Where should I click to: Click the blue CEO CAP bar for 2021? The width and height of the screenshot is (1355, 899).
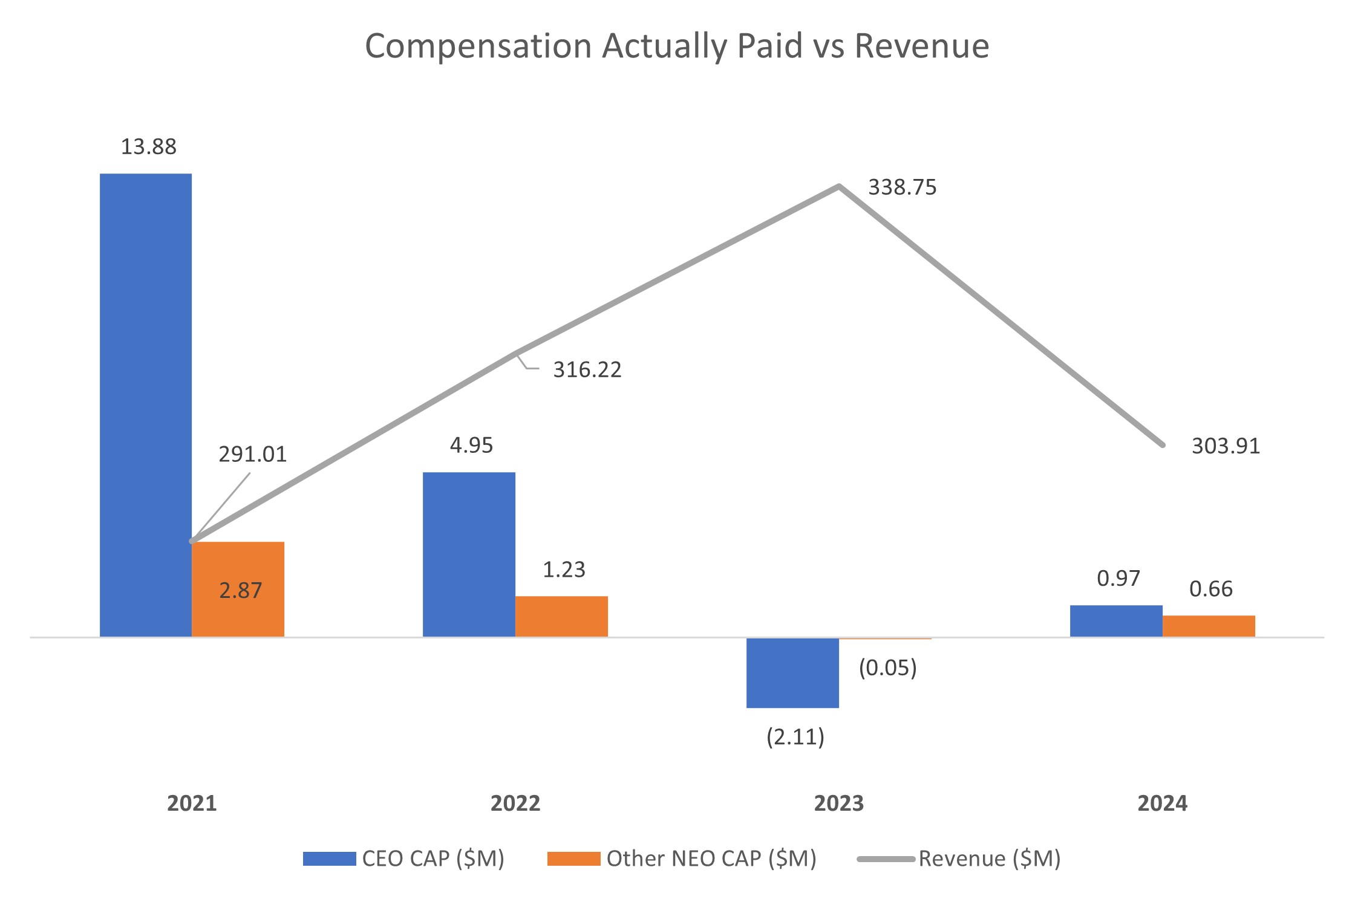pyautogui.click(x=146, y=405)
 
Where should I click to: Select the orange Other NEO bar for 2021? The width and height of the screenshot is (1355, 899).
pyautogui.click(x=238, y=589)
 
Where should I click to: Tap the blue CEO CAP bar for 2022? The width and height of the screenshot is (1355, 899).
pyautogui.click(x=469, y=554)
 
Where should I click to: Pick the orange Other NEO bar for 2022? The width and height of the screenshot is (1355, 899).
pyautogui.click(x=561, y=616)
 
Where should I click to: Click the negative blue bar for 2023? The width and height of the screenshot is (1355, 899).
pyautogui.click(x=792, y=672)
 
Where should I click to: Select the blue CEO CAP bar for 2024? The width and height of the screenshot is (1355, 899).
pyautogui.click(x=1116, y=621)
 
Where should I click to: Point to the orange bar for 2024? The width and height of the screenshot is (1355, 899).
pyautogui.click(x=1209, y=626)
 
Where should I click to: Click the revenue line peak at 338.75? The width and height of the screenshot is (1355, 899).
pyautogui.click(x=839, y=186)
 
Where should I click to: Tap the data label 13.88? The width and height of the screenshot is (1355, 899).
pyautogui.click(x=148, y=147)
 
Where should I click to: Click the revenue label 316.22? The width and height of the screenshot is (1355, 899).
pyautogui.click(x=587, y=369)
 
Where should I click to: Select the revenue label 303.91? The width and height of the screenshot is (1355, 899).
pyautogui.click(x=1226, y=446)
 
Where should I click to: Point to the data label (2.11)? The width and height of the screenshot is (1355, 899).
pyautogui.click(x=795, y=737)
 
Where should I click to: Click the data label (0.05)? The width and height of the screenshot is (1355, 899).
pyautogui.click(x=887, y=667)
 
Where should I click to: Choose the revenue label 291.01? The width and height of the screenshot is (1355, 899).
pyautogui.click(x=252, y=454)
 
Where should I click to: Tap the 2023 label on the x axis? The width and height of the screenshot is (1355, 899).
pyautogui.click(x=838, y=803)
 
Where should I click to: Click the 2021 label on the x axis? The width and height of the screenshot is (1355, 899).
pyautogui.click(x=192, y=803)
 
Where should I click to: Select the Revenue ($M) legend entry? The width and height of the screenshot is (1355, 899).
pyautogui.click(x=988, y=858)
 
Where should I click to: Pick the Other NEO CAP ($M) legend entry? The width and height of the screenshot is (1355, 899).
pyautogui.click(x=711, y=858)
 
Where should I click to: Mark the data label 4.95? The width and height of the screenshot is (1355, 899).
pyautogui.click(x=471, y=446)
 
